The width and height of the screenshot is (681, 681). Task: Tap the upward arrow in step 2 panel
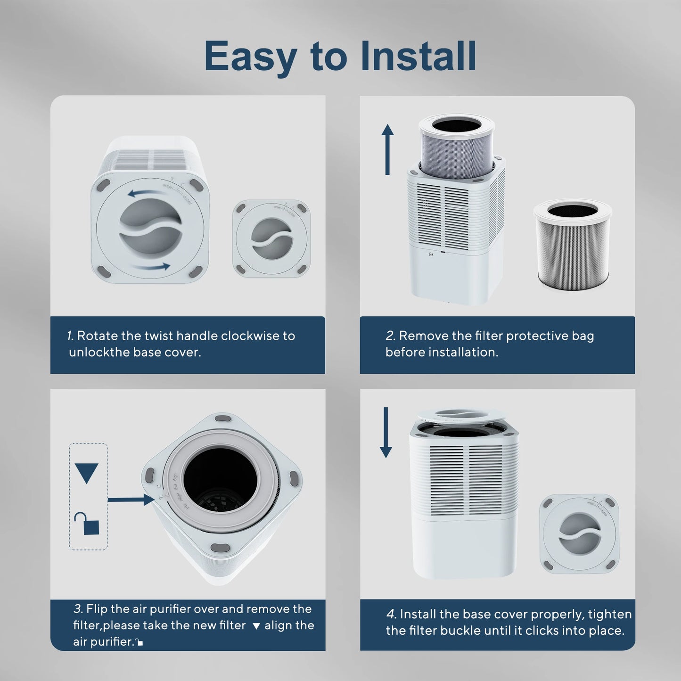tap(387, 149)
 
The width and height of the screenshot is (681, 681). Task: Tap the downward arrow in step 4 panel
tap(386, 433)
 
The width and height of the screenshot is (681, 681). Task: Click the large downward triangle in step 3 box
tap(87, 473)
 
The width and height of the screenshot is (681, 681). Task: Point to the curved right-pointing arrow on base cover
tap(151, 267)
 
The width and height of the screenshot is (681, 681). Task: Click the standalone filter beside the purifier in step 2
tap(573, 245)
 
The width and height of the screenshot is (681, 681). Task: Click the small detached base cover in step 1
tap(271, 238)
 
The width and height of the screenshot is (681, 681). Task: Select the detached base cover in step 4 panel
tap(579, 533)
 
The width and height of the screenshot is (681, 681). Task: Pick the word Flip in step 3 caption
tap(97, 609)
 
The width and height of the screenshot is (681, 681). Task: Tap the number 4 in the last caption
tap(391, 615)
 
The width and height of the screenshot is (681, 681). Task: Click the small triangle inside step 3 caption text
tap(256, 626)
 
